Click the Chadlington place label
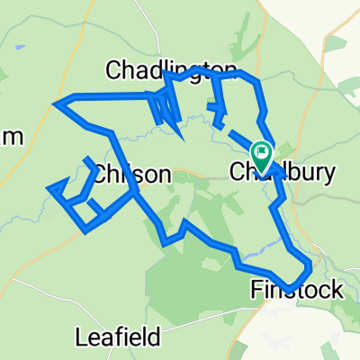[171, 69]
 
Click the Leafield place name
[118, 337]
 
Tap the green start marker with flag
[262, 155]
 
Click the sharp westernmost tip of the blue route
[55, 104]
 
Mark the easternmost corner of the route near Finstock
[312, 266]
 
